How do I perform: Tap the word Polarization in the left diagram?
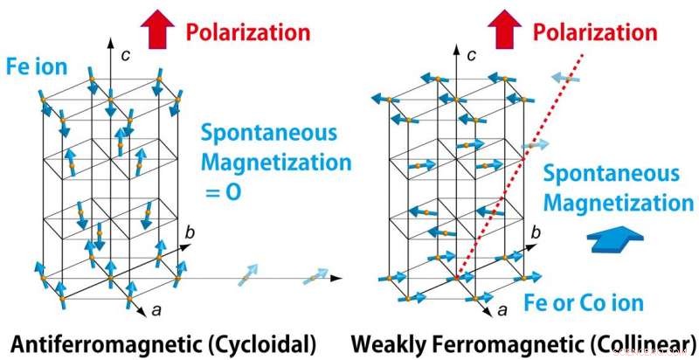pyautogui.click(x=248, y=33)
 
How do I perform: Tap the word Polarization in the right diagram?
pyautogui.click(x=596, y=33)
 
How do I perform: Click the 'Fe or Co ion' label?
pyautogui.click(x=585, y=303)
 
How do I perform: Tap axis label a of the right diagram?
pyautogui.click(x=502, y=309)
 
